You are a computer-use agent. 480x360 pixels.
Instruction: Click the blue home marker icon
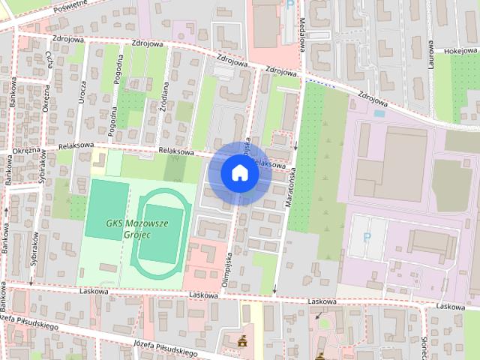(239, 173)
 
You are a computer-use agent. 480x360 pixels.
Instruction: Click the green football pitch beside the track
(106, 210)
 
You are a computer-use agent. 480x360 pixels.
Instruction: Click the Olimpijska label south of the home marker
(228, 265)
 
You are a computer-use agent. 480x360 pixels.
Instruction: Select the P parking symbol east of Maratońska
(367, 237)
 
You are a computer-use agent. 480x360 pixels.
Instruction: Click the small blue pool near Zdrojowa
(379, 114)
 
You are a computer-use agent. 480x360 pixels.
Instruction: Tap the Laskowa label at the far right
(452, 306)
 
